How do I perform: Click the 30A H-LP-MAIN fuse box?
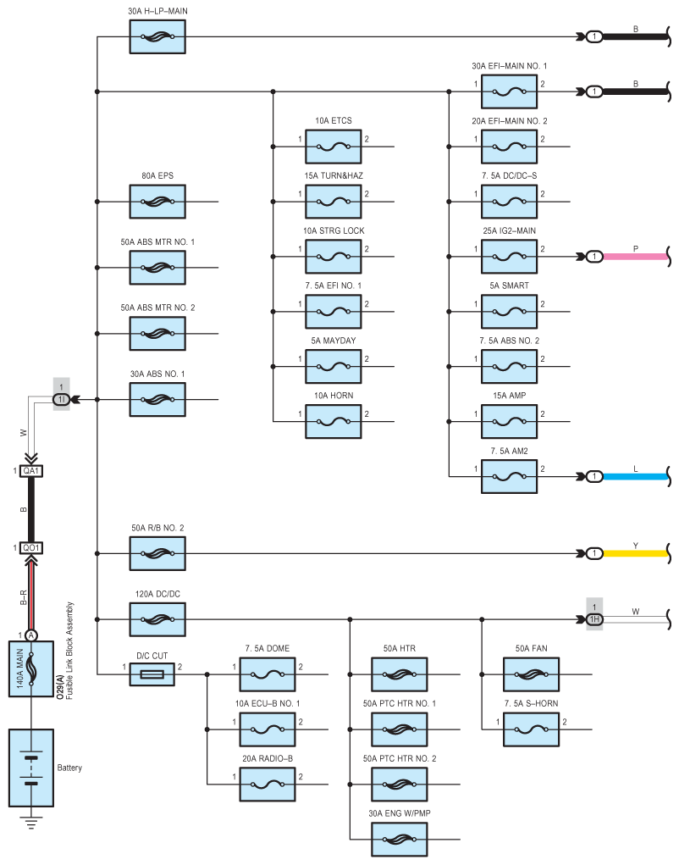(x=157, y=37)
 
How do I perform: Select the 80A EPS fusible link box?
(x=157, y=202)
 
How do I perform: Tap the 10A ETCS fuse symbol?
(x=334, y=147)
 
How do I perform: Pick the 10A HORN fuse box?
(x=334, y=421)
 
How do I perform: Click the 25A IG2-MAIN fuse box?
(x=510, y=257)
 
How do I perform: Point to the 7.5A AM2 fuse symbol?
(x=510, y=476)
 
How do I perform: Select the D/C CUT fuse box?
(x=152, y=674)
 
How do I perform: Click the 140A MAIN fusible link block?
(x=30, y=668)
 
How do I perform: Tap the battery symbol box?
(x=30, y=768)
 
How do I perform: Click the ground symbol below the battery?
(x=31, y=823)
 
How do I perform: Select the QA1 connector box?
(x=30, y=471)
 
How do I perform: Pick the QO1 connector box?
(x=30, y=548)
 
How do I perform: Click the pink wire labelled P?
(x=636, y=257)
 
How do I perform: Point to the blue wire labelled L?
(x=636, y=476)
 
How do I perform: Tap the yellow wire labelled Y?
(x=636, y=553)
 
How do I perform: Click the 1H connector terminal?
(x=594, y=619)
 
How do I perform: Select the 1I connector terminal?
(x=61, y=399)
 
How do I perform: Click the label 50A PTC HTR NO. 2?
(x=400, y=758)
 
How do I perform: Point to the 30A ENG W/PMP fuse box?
(x=399, y=840)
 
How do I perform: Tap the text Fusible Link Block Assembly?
(x=69, y=651)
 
